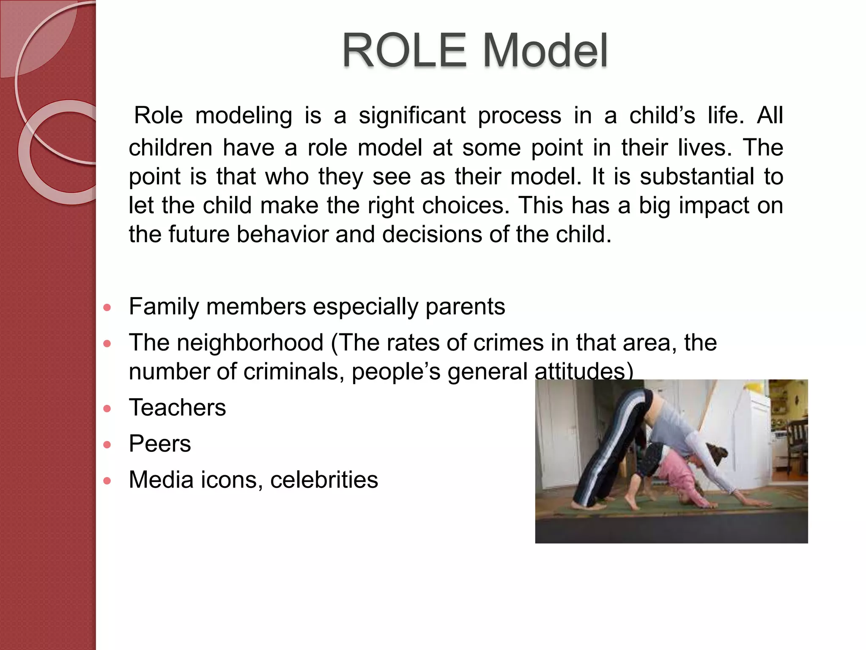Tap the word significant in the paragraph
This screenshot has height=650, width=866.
coord(412,116)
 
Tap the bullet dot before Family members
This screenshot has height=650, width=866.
coord(107,308)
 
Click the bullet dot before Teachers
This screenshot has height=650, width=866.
coord(107,409)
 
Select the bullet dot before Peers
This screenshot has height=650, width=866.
coord(107,445)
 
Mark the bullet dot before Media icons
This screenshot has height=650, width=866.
coord(107,481)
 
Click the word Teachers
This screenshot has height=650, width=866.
coord(177,408)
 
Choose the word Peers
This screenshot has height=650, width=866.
coord(160,444)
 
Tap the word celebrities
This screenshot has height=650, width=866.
coord(324,480)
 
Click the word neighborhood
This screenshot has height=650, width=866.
coord(250,343)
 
